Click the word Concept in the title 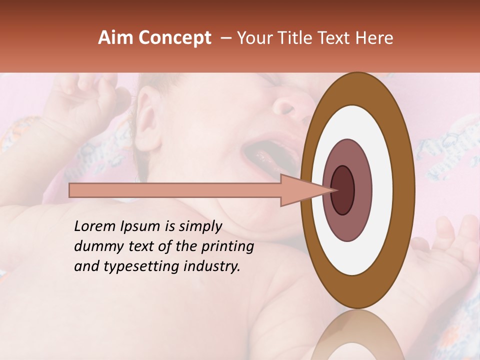coord(174,38)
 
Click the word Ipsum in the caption coord(139,227)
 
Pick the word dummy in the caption coord(96,246)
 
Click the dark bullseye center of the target coord(343,190)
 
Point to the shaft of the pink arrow coord(175,190)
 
